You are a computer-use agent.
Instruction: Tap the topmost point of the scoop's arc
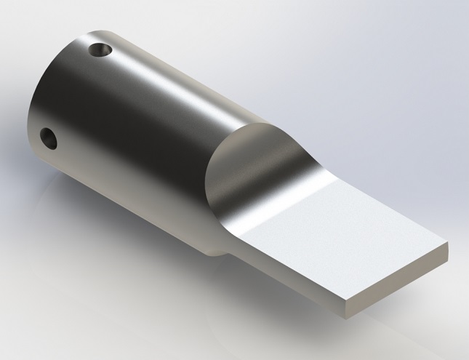pos(254,124)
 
